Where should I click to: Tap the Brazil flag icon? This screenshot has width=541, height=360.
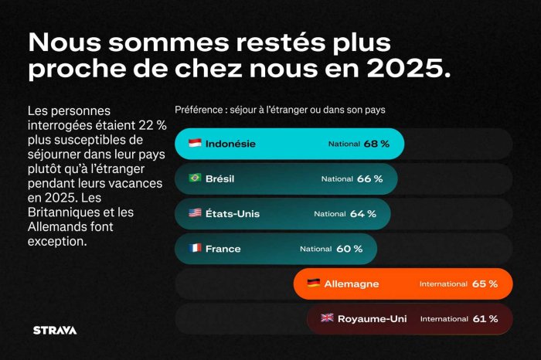coord(196,178)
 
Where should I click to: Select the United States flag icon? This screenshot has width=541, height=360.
coord(196,213)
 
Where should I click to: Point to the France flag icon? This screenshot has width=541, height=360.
coord(196,249)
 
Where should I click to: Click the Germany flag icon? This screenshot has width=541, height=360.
coord(314,284)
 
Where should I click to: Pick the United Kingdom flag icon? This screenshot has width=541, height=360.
coord(327,318)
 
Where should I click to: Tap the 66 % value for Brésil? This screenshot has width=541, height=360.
coord(369,178)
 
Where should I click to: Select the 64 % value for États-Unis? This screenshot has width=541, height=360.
coord(362,214)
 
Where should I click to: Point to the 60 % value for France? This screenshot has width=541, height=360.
coord(349,249)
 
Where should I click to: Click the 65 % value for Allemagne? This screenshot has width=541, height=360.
coord(485,284)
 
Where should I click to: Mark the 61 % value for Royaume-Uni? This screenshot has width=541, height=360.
coord(485,318)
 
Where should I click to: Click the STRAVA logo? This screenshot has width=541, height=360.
coord(54,330)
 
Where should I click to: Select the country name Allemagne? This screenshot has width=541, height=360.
coord(352,284)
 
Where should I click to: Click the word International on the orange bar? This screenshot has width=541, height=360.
coord(443,284)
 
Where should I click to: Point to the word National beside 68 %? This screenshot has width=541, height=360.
coord(344,144)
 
